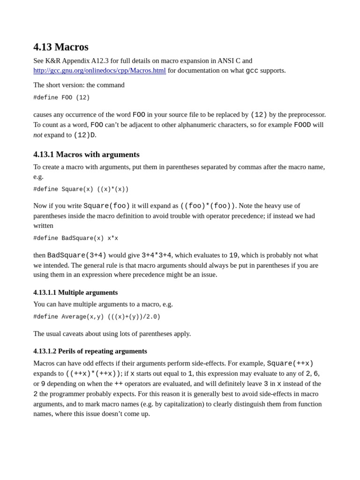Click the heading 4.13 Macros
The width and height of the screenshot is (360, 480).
point(61,47)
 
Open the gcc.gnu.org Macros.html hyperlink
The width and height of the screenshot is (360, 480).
point(99,70)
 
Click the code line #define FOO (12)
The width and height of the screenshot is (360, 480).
point(61,97)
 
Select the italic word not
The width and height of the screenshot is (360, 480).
point(37,135)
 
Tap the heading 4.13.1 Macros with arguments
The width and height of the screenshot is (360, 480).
point(86,154)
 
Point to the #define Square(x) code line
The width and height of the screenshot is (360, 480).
point(81,189)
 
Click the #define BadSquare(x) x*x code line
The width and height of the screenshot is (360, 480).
point(75,238)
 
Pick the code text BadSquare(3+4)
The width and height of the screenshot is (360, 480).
point(77,255)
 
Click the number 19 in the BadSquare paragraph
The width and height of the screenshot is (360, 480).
point(233,255)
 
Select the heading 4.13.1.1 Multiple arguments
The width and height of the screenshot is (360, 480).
point(75,292)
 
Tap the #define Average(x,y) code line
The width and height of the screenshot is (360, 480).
point(97,317)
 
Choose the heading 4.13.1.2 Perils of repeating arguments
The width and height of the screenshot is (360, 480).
point(90,351)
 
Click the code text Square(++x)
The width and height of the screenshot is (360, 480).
point(290,364)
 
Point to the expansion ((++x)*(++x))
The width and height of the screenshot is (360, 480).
point(93,374)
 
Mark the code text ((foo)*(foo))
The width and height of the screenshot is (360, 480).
point(208,206)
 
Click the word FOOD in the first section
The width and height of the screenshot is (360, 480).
point(302,125)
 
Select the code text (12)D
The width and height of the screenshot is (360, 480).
point(84,135)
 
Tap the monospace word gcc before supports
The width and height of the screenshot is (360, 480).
point(252,71)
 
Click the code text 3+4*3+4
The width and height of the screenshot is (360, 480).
point(156,255)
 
